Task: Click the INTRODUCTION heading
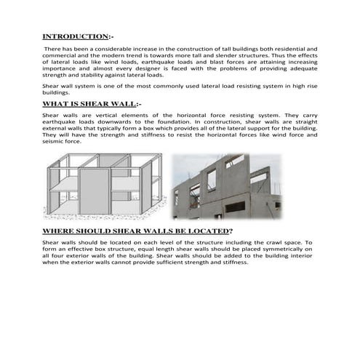pyautogui.click(x=75, y=36)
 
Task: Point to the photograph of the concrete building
pyautogui.click(x=227, y=185)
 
